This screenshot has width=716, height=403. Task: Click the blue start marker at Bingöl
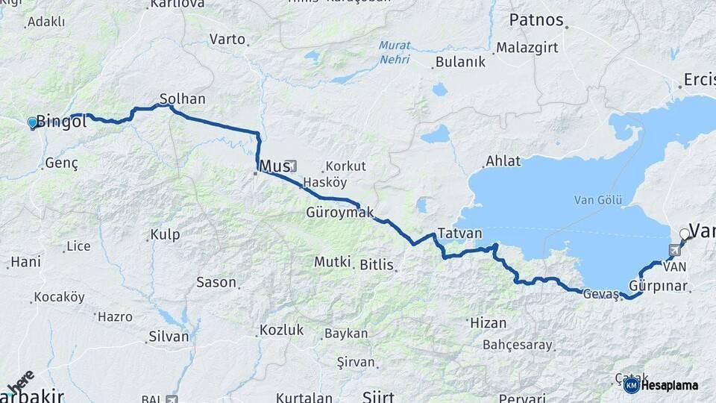coord(32,122)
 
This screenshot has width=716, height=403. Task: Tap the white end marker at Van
coord(684,234)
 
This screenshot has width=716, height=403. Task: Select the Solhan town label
coord(182,99)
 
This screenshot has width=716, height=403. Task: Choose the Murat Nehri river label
coord(394,52)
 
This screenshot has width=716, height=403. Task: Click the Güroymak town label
coord(339,213)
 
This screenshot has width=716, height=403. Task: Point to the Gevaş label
coord(601,293)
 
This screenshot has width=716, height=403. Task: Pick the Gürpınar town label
coord(657,286)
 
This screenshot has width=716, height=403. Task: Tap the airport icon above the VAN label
coord(675,251)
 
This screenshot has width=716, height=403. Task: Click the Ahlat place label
coord(503,160)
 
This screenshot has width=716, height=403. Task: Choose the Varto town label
coord(227,38)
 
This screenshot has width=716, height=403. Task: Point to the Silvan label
coord(169,337)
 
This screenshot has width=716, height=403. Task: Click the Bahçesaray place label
coord(517,345)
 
